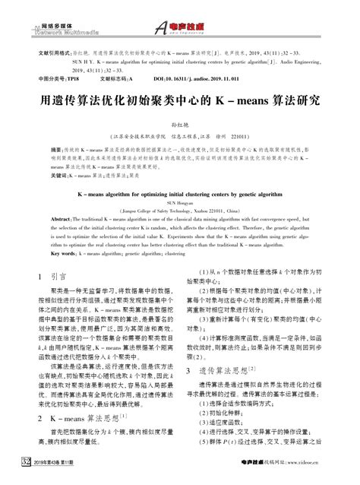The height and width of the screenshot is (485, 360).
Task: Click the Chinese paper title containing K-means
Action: tap(179, 100)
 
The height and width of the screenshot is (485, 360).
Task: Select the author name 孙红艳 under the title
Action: tap(180, 122)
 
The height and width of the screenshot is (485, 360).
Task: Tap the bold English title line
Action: tap(180, 195)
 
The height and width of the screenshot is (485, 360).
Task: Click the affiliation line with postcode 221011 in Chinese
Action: tap(180, 137)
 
